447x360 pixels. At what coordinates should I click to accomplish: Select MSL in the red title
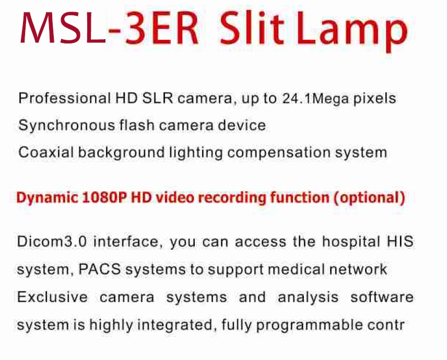pos(63,28)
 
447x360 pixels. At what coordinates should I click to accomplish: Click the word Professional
pos(64,98)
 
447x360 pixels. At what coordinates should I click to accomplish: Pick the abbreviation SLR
pos(157,98)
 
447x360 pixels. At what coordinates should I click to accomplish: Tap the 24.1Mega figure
pos(315,99)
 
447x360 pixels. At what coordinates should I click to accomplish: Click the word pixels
pos(374,98)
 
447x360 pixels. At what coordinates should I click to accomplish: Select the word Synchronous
pos(66,125)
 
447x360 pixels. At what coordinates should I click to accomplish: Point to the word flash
pos(136,125)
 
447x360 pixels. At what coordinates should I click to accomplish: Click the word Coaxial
pos(46,152)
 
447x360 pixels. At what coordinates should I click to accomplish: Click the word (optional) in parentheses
pos(369,198)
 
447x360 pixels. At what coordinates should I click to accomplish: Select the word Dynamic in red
pos(47,198)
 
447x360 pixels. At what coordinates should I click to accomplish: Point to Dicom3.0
pos(52,242)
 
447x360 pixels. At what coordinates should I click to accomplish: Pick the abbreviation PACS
pos(99,269)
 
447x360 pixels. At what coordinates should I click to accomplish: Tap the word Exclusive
pos(52,297)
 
